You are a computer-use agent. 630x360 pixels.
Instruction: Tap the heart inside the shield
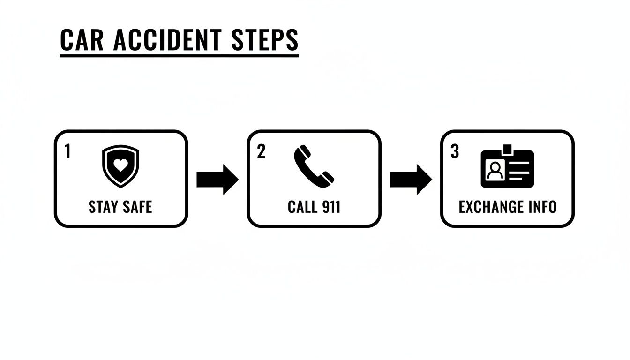[x=120, y=165]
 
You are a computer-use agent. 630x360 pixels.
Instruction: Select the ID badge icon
[x=507, y=168]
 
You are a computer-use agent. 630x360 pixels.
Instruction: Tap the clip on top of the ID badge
[x=507, y=150]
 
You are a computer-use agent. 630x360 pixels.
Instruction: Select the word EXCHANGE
[x=491, y=207]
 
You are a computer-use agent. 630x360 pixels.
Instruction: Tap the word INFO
[x=542, y=207]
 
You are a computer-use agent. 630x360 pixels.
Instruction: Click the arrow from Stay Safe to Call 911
[x=217, y=179]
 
